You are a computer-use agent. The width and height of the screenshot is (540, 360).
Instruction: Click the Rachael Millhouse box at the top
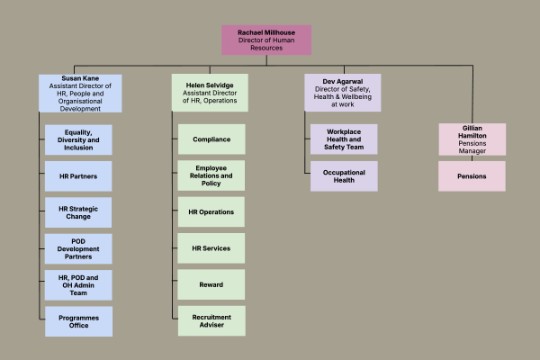point(266,40)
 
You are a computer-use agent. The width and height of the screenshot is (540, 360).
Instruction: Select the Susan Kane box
point(80,93)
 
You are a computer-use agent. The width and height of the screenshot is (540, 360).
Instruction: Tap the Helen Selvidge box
point(210,93)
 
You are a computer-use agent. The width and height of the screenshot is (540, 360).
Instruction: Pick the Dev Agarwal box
point(342,93)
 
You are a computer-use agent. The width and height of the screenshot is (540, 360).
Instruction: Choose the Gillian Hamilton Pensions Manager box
point(472,139)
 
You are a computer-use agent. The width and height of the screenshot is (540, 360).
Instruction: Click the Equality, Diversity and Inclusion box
point(79,139)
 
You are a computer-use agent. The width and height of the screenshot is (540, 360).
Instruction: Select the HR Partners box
point(79,175)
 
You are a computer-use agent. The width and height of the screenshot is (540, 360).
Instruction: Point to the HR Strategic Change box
point(79,212)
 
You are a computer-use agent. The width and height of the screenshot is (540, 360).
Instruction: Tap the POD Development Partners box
point(79,248)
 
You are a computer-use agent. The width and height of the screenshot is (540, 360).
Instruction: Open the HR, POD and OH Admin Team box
point(79,284)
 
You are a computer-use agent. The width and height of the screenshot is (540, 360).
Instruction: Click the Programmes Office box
point(79,321)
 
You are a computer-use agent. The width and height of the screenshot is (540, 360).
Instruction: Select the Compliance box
point(211,139)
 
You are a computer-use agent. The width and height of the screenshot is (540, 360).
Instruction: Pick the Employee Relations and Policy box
point(211,175)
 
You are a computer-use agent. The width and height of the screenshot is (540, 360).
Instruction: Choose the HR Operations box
point(211,212)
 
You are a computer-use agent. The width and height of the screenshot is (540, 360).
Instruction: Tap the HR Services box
point(211,248)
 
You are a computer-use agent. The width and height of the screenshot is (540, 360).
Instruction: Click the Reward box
point(211,284)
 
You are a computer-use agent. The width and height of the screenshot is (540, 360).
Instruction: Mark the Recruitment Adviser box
point(211,321)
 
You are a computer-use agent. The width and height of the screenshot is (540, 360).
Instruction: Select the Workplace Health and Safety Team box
point(344,139)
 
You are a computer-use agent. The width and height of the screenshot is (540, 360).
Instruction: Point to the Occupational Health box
point(344,175)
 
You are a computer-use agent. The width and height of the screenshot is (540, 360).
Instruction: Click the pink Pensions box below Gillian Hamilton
point(472,175)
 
